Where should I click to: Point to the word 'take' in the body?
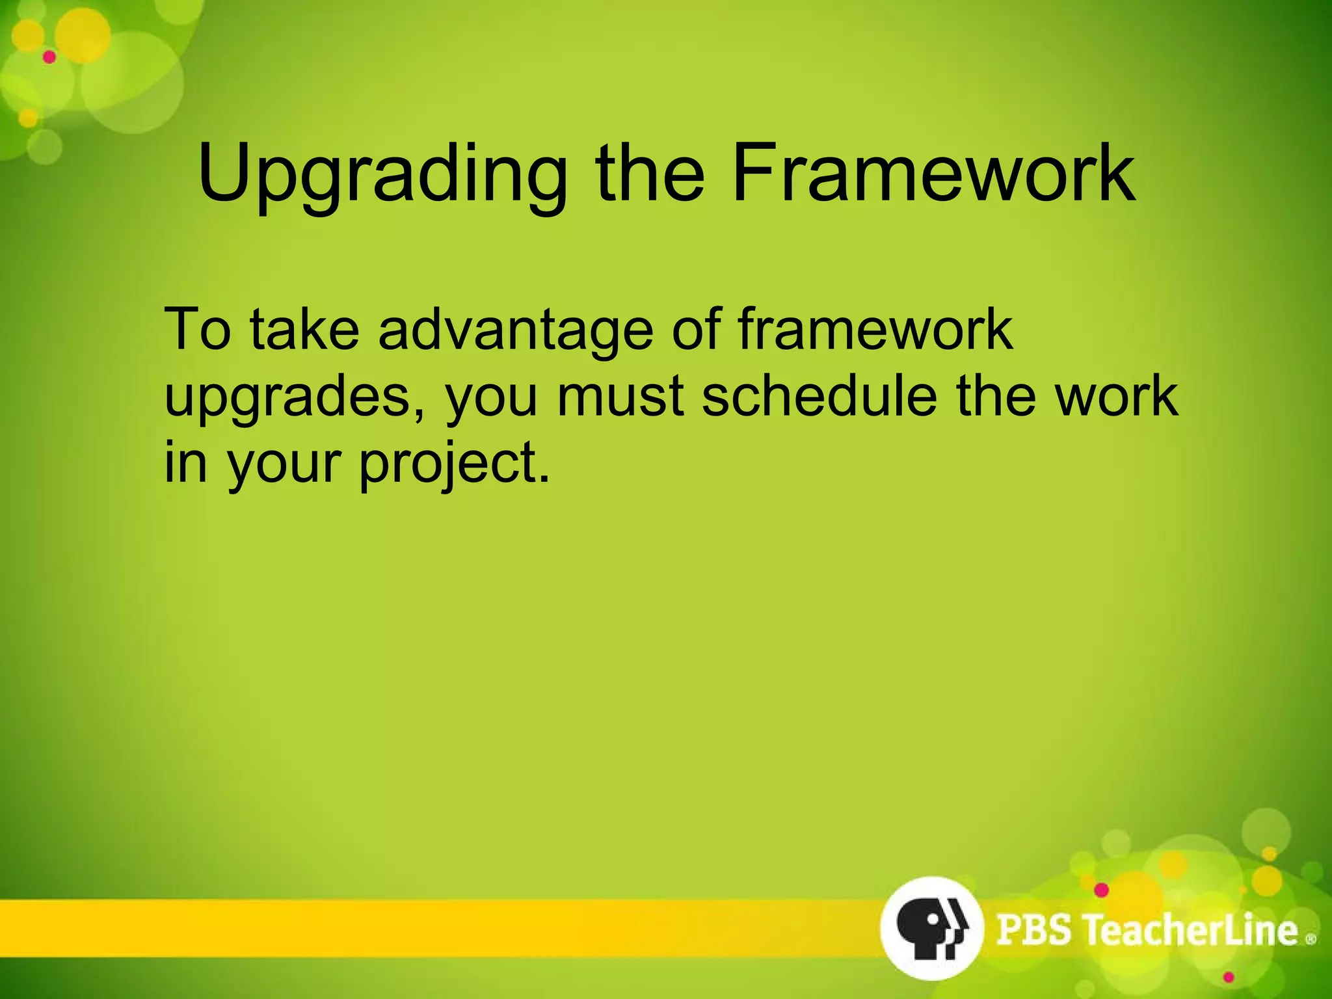pos(304,329)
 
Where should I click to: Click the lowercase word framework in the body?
pos(875,329)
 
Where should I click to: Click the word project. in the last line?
pos(455,464)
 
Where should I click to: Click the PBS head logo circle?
pos(931,928)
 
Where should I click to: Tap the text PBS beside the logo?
pos(1033,929)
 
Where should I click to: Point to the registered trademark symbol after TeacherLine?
pos(1311,939)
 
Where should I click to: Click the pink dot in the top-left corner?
pos(49,57)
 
